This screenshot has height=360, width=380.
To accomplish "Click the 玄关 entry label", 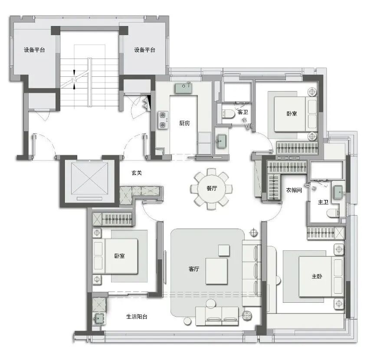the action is click(x=137, y=173).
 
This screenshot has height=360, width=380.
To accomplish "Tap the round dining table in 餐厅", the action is click(x=211, y=189).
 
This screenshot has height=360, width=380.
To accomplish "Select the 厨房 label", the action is click(x=184, y=123).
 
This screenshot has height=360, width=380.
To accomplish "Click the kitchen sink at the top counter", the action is click(x=183, y=88).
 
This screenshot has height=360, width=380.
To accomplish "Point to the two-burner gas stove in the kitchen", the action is click(x=162, y=120).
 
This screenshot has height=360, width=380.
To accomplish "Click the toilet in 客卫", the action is click(x=228, y=114).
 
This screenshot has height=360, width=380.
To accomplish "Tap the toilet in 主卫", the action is click(x=332, y=213).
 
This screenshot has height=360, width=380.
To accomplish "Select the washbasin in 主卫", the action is click(x=338, y=193).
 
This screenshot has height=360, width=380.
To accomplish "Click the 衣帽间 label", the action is click(x=294, y=190).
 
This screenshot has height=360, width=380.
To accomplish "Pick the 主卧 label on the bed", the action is click(x=317, y=276).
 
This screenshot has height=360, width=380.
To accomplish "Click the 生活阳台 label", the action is click(x=137, y=316).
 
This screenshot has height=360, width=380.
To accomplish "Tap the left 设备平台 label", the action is click(x=34, y=50).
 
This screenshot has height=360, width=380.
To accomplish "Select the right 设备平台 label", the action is click(x=145, y=50).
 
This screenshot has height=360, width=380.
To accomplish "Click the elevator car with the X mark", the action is click(x=89, y=178).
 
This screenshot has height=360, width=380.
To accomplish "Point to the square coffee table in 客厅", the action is click(x=216, y=271).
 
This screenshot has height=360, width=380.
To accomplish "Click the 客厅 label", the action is click(x=194, y=269).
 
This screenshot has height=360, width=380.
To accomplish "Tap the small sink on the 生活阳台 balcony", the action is click(x=99, y=318).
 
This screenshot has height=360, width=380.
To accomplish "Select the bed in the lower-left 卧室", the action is click(x=115, y=256).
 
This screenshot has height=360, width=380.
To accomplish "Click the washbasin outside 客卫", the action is click(x=222, y=141).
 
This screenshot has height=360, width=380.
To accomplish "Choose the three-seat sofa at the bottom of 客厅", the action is click(x=217, y=316).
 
